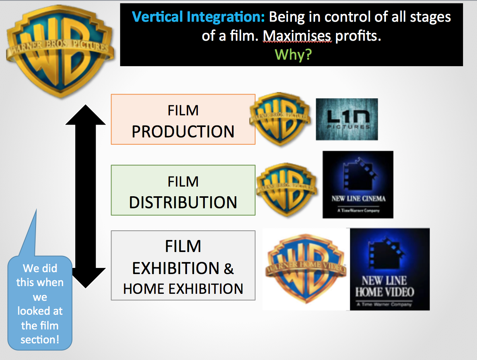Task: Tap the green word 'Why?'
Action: coord(293,55)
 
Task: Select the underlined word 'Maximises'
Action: coord(297,36)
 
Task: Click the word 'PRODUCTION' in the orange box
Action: coord(183,132)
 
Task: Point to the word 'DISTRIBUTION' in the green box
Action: coord(183,202)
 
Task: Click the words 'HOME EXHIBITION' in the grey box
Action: coord(183,288)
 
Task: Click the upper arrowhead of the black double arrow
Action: coord(85,115)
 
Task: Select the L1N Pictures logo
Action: coord(347,119)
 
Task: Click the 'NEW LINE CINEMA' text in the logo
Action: coord(358,199)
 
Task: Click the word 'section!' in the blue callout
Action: coord(40,339)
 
